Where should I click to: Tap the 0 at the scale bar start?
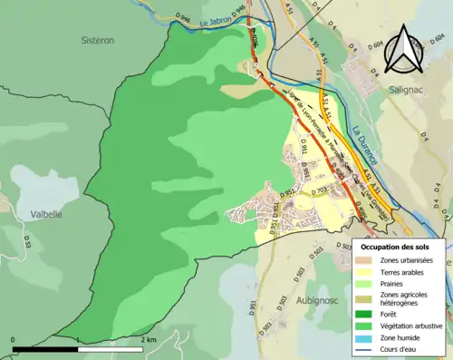(14, 340)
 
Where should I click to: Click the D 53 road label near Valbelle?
(28, 243)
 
